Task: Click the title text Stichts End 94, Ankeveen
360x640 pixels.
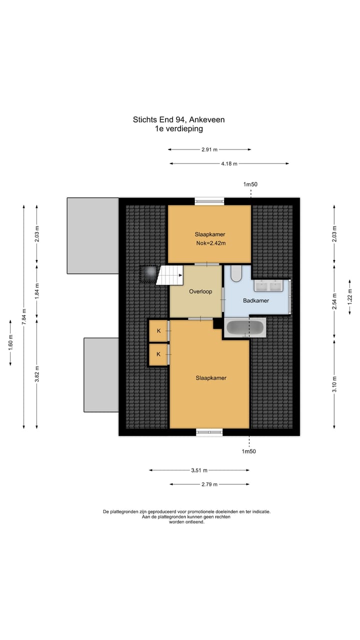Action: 178,119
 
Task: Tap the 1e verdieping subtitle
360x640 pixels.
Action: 178,128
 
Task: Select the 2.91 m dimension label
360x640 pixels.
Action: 209,149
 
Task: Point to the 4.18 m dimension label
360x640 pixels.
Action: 228,163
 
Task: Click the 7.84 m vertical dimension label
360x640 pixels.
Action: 23,316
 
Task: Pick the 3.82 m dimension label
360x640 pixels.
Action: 37,373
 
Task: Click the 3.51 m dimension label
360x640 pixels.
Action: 198,470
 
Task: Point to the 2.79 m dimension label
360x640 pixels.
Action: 208,484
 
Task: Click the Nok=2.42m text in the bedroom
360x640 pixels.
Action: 211,243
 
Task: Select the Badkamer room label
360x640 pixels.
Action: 256,300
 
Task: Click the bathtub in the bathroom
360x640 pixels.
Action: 245,328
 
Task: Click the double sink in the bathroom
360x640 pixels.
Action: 269,285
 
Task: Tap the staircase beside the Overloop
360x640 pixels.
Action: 170,275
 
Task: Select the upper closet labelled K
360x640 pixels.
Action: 158,330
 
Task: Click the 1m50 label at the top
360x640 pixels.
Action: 250,184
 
